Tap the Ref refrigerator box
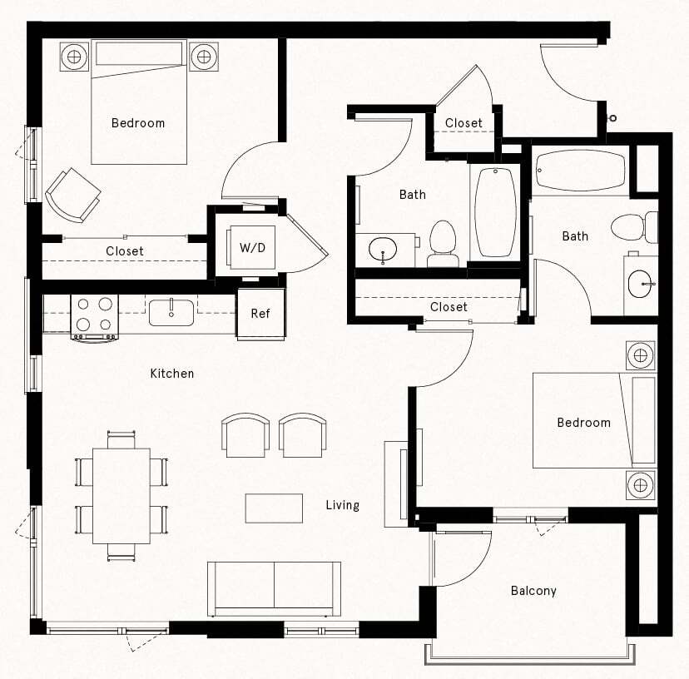tap(260, 314)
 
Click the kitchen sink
tap(171, 313)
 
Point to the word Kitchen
tap(172, 374)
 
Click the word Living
tap(342, 505)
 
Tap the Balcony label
tap(533, 591)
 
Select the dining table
tap(121, 495)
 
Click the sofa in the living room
tap(274, 587)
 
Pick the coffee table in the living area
tap(274, 508)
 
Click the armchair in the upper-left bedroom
tap(72, 195)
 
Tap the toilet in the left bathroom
tap(443, 242)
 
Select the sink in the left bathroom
tap(383, 249)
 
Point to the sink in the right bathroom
tap(641, 283)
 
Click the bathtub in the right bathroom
tap(580, 170)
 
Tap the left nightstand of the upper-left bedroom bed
tap(74, 57)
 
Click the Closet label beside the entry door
tap(463, 123)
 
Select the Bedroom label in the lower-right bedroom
tap(583, 423)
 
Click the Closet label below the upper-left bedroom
tap(125, 250)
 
